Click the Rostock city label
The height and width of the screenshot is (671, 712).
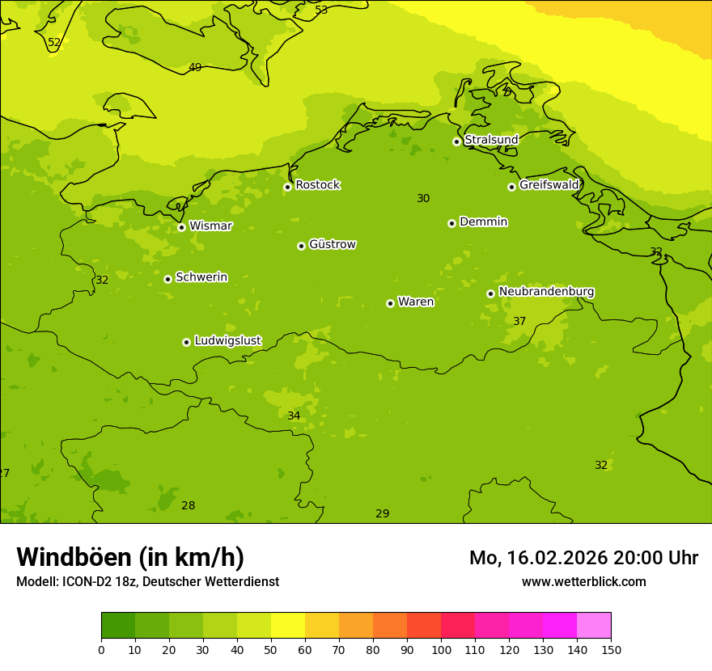pyautogui.click(x=317, y=185)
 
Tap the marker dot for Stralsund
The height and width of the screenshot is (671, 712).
pyautogui.click(x=456, y=141)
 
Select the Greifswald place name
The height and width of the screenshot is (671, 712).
pyautogui.click(x=549, y=185)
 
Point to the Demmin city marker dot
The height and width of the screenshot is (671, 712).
pyautogui.click(x=451, y=223)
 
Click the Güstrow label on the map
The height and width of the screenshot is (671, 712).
pyautogui.click(x=332, y=244)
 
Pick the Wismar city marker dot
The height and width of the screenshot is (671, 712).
pyautogui.click(x=181, y=227)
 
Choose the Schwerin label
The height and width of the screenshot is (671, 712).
pyautogui.click(x=201, y=277)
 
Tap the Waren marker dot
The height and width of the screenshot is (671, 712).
pyautogui.click(x=390, y=303)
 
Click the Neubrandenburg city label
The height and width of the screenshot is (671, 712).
pyautogui.click(x=546, y=292)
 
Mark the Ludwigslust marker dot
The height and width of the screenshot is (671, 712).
pyautogui.click(x=186, y=342)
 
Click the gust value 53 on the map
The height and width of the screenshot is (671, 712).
pyautogui.click(x=321, y=11)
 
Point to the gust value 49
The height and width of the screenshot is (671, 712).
pyautogui.click(x=195, y=68)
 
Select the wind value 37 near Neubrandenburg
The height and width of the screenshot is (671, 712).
pyautogui.click(x=519, y=322)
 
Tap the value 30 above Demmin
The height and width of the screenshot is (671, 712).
pyautogui.click(x=423, y=199)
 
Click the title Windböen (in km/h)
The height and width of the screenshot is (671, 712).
pyautogui.click(x=130, y=557)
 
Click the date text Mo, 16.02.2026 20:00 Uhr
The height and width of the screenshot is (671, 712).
pyautogui.click(x=583, y=558)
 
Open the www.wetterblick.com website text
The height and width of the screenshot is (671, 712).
pyautogui.click(x=583, y=581)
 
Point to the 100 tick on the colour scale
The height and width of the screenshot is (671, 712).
pyautogui.click(x=441, y=649)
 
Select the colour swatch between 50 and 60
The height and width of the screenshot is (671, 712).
pyautogui.click(x=288, y=625)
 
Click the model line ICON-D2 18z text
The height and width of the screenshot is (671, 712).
pyautogui.click(x=147, y=581)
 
